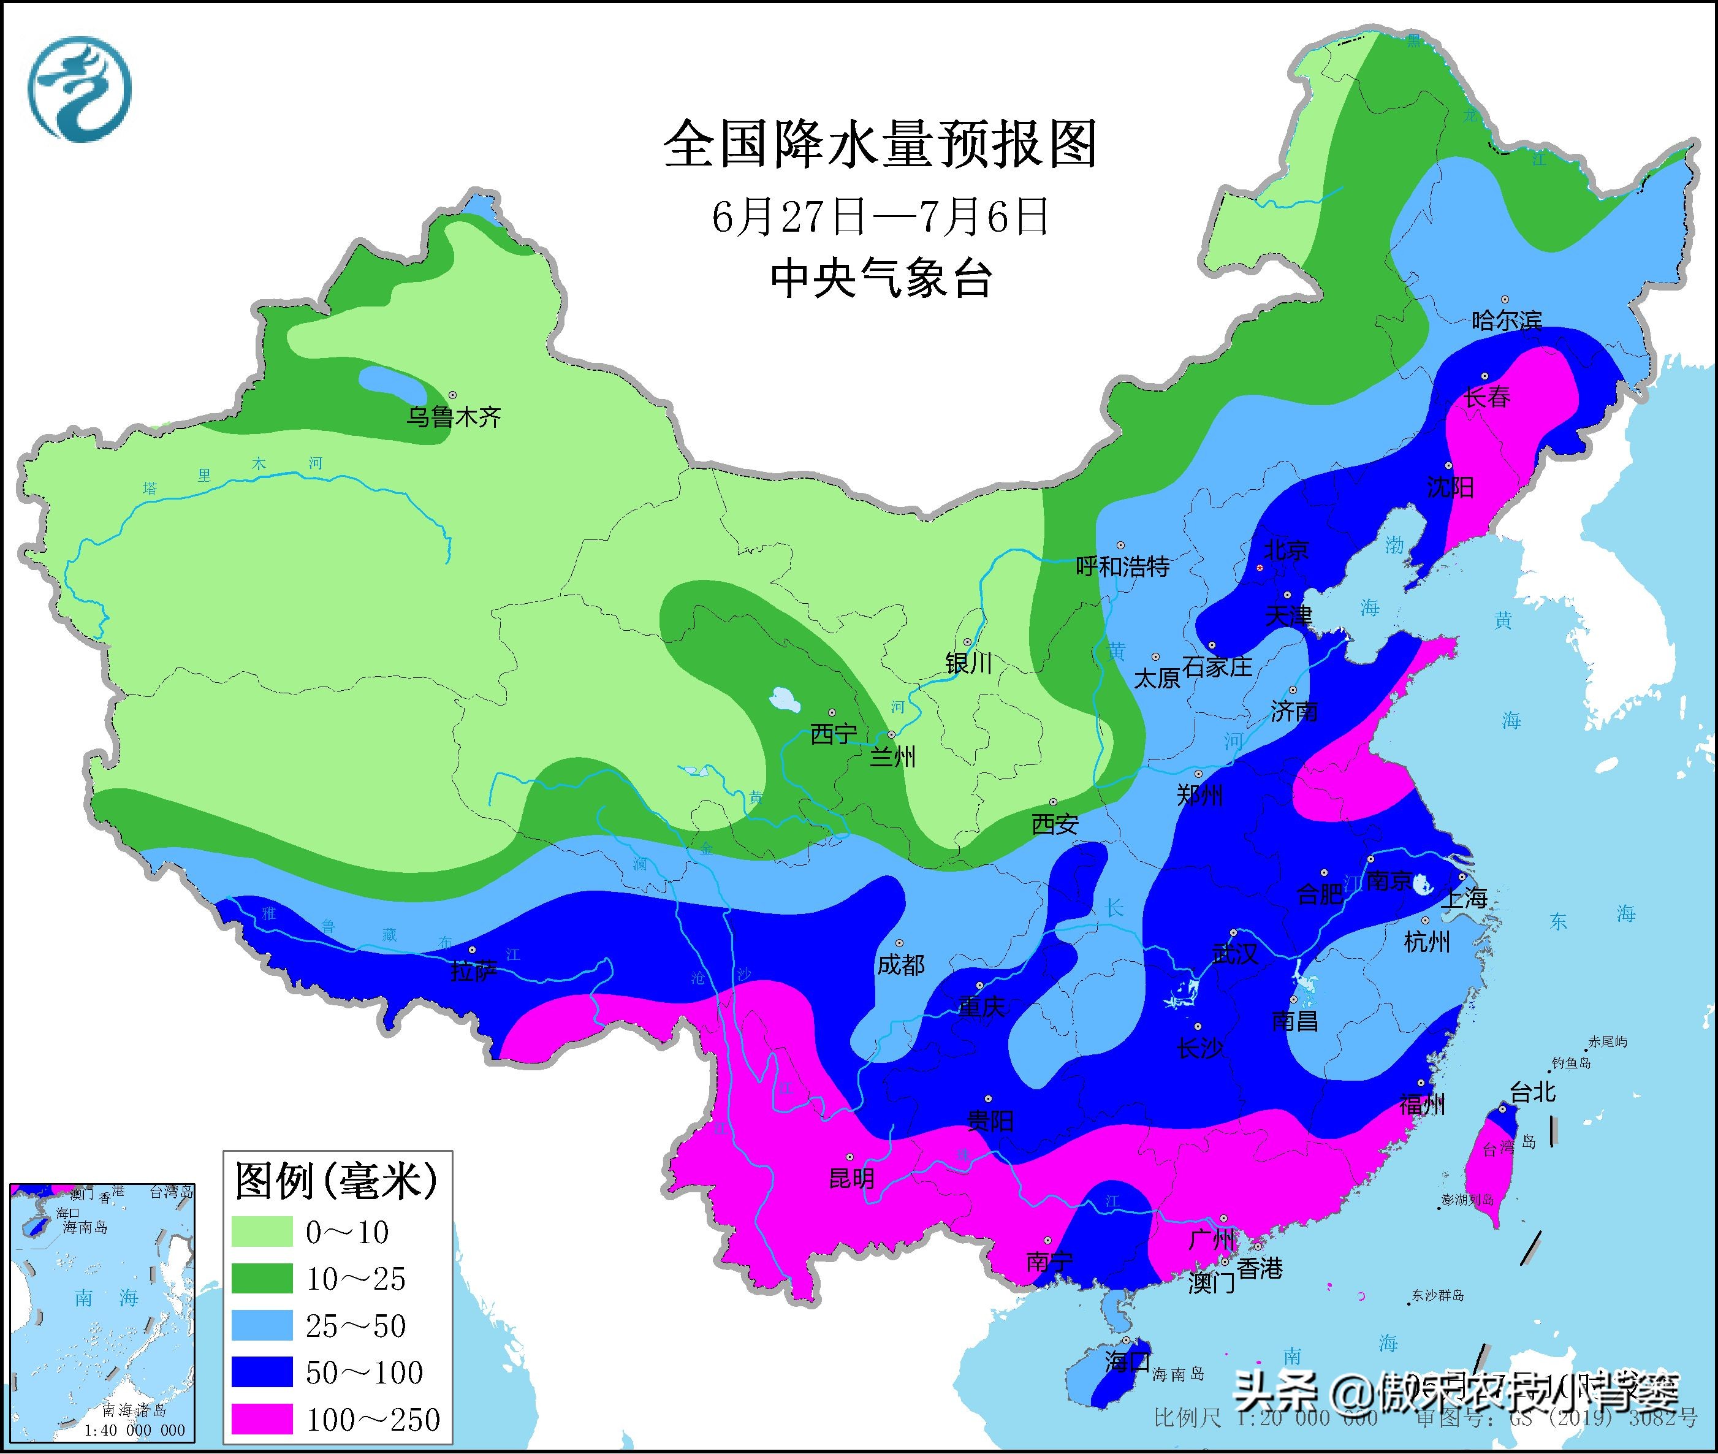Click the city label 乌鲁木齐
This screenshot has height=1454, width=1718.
[453, 418]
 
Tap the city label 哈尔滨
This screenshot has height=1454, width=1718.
[1506, 321]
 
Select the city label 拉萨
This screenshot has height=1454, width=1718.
[473, 971]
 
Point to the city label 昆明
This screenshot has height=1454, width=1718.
[851, 1178]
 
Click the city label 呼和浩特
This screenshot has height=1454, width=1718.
[1122, 567]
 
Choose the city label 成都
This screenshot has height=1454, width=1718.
[900, 964]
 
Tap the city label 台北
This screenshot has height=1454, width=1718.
[1533, 1092]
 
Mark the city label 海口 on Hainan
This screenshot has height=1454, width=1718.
[1127, 1361]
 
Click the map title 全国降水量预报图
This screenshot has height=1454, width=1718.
[880, 144]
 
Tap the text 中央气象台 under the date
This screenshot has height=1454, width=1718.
[880, 278]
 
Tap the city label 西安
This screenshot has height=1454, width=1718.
[1055, 823]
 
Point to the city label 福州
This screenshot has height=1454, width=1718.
[1422, 1105]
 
